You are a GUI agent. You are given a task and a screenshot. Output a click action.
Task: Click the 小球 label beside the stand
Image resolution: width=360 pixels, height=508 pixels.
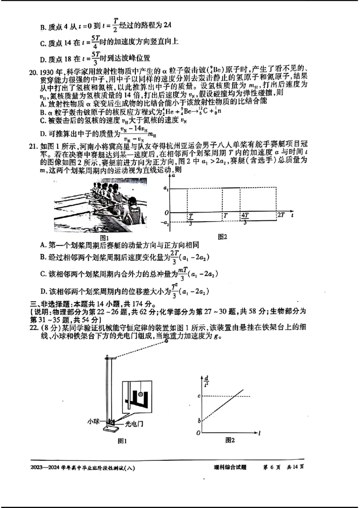point(94,422)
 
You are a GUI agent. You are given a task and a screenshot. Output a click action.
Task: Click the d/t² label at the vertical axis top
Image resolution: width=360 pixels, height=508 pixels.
point(206,380)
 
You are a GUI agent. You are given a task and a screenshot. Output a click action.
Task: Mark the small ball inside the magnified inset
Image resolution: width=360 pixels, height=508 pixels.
point(140,395)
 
